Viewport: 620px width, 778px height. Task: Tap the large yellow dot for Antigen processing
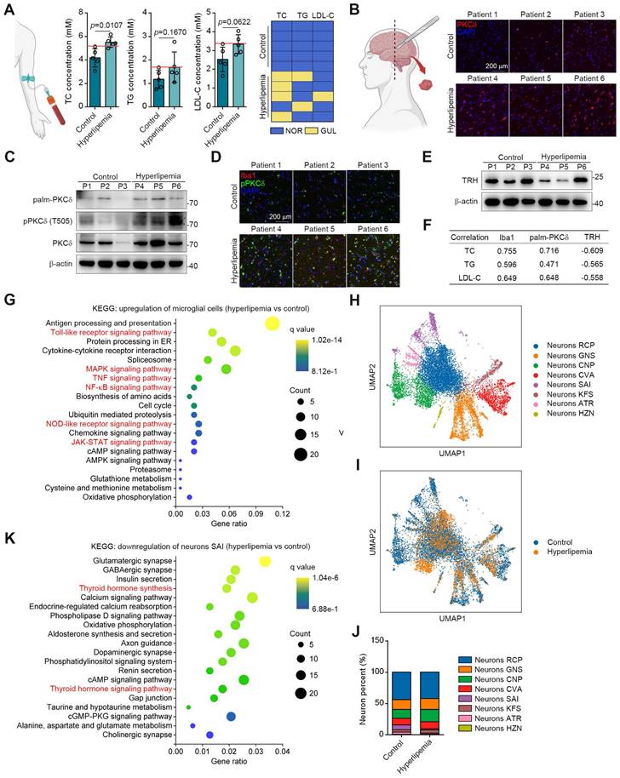[273, 323]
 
